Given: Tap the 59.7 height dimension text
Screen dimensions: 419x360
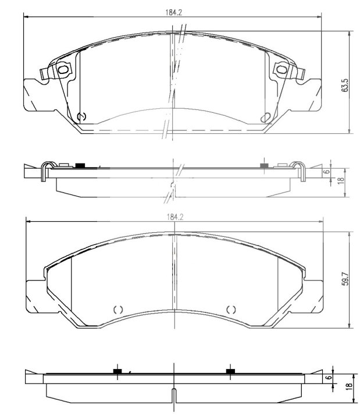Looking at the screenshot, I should (x=345, y=279).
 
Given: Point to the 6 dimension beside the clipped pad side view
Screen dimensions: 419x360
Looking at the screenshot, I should (x=327, y=171).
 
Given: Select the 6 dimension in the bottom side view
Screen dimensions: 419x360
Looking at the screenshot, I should (x=330, y=378).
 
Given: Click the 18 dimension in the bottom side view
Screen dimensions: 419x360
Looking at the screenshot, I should (x=348, y=386).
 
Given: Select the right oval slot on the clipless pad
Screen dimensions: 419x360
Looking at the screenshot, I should (x=230, y=309).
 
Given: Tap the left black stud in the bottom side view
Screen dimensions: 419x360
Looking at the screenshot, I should (x=117, y=371).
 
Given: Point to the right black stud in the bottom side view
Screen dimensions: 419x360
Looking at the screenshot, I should (x=230, y=371).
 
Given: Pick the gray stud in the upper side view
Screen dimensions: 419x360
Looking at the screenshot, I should (x=263, y=166).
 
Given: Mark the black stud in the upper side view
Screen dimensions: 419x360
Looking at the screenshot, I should (x=80, y=166).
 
